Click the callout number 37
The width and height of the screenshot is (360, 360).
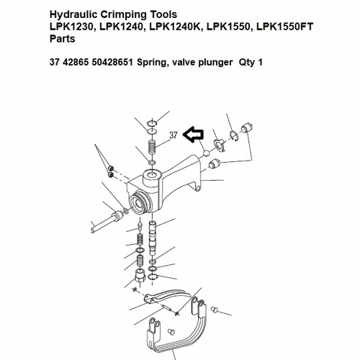(174, 135)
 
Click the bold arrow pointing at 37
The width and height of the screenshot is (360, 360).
(194, 133)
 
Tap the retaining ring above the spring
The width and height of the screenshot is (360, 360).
(150, 125)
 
